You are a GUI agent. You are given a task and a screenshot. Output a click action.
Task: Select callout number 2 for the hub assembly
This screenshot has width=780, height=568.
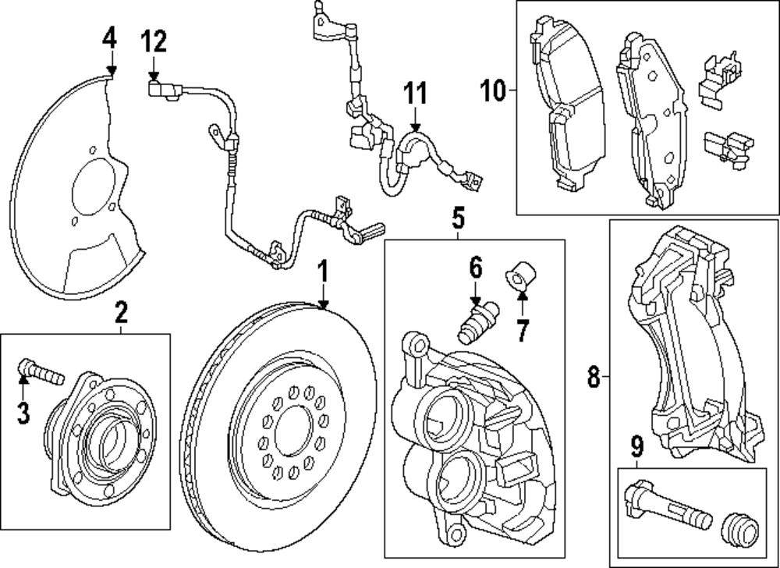pos(122,314)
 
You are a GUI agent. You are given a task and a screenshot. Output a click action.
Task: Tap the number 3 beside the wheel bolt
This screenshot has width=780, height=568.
pos(23,413)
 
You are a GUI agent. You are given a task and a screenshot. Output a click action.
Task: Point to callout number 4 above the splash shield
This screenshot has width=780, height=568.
pos(109,37)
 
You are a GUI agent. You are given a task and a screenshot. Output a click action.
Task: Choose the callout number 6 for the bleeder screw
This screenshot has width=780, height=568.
pos(476,269)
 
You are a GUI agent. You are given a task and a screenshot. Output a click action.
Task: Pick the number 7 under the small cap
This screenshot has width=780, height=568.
pos(521,330)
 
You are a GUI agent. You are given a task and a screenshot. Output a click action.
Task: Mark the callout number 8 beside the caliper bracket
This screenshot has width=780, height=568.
pos(594,379)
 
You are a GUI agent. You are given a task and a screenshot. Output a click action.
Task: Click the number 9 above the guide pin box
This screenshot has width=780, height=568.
pos(637,447)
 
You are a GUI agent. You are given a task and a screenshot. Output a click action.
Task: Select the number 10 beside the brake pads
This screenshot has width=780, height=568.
pos(493,91)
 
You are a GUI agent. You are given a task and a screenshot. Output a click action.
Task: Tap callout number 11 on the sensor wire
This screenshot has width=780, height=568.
pos(416,94)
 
